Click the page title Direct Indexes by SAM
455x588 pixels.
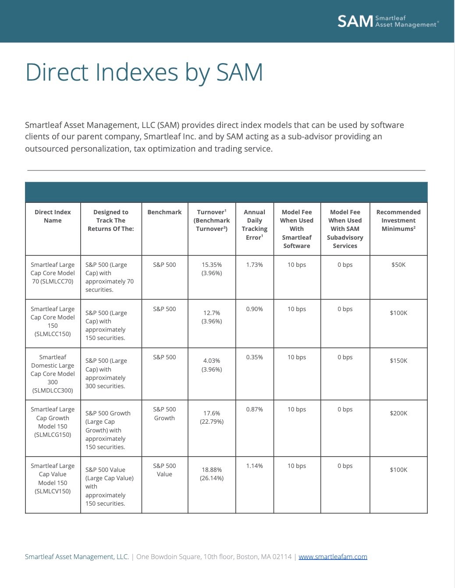coord(144,72)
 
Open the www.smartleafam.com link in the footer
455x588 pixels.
coord(333,556)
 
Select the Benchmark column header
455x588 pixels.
coord(164,212)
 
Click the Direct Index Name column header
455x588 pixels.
coord(53,216)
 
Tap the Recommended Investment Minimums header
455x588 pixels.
coord(398,220)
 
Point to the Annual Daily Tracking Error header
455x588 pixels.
coord(254,225)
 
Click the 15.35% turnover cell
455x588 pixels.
coord(212,269)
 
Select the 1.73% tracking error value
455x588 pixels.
coord(254,265)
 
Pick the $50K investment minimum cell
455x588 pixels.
coord(398,265)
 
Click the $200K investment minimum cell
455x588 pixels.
coord(398,413)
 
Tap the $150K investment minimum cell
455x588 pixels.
coord(398,361)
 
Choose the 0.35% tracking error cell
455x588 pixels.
coord(254,357)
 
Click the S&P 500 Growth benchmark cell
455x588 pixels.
coord(164,414)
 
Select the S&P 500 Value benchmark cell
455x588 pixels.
coord(164,470)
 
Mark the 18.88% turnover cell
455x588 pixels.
coord(212,474)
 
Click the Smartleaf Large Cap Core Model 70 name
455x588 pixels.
coord(53,273)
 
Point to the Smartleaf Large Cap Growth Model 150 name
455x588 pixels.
coord(53,422)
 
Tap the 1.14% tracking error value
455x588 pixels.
coord(254,466)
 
